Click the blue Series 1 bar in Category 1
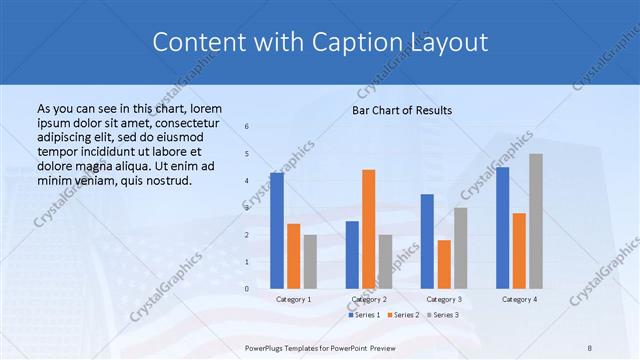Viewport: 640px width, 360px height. (277, 231)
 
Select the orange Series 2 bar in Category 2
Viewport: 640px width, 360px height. (368, 229)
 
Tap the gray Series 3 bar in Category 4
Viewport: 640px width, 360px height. (536, 221)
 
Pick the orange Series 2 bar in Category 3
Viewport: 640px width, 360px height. (444, 264)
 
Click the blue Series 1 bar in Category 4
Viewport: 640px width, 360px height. (502, 228)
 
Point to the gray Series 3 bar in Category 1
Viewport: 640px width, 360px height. (310, 262)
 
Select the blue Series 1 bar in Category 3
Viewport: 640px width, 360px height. (427, 241)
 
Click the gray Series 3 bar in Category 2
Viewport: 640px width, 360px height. (385, 262)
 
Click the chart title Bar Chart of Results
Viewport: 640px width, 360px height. (402, 110)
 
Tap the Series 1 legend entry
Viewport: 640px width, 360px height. (365, 315)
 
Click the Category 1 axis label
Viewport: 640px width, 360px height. (293, 299)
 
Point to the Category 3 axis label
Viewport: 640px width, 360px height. (444, 299)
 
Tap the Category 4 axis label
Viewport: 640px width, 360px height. (519, 299)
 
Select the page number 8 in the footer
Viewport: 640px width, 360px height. (590, 348)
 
